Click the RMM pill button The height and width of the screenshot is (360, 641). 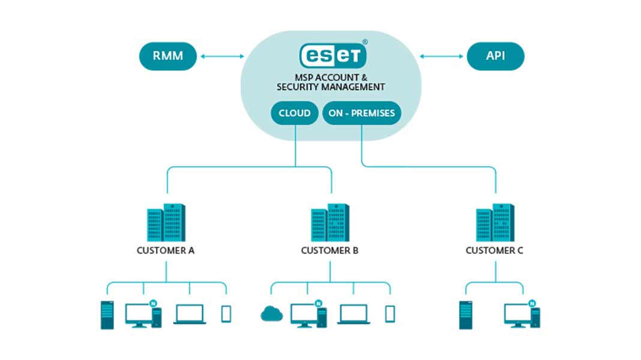coord(168,57)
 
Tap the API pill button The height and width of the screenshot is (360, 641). coord(495,56)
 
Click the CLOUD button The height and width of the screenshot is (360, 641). coord(294,113)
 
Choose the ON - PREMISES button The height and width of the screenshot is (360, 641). coord(362,113)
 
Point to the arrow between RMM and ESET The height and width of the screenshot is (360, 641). coord(222,56)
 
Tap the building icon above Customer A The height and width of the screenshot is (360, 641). coord(166,222)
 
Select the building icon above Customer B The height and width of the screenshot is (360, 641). coord(330,222)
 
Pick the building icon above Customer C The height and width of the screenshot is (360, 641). coord(495,222)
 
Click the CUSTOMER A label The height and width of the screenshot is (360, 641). coord(166,250)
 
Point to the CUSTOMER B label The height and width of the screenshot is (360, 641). coord(330,250)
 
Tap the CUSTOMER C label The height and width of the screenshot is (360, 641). coord(495,250)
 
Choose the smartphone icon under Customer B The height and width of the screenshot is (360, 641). coord(390,314)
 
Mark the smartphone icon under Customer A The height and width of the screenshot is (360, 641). coord(226,314)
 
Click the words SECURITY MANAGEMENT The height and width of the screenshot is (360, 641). coord(331,87)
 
